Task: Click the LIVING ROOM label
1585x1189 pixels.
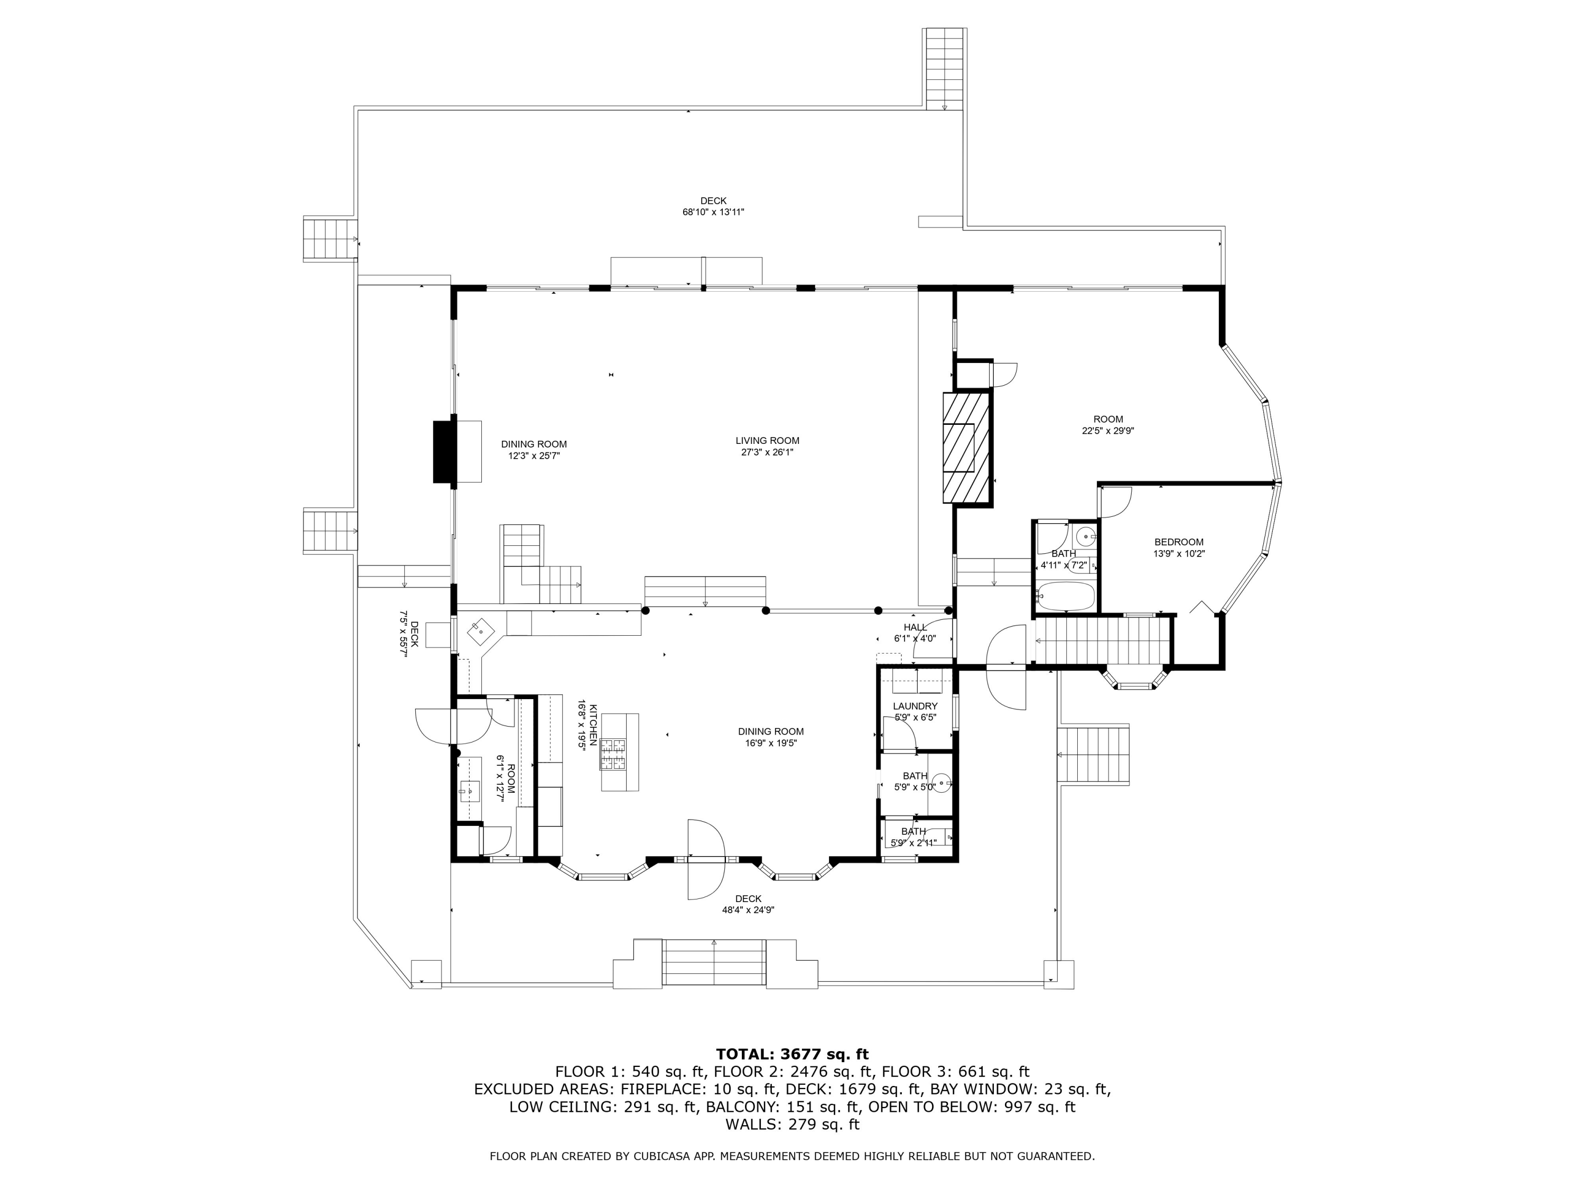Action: point(768,441)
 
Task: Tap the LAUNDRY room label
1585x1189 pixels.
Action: point(915,706)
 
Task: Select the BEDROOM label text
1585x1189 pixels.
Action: point(1179,543)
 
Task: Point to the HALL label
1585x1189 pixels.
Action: point(915,627)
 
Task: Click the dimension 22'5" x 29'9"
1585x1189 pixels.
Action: point(1108,431)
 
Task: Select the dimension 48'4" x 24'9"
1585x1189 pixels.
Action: point(748,910)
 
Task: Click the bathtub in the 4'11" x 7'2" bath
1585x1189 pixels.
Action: point(1066,596)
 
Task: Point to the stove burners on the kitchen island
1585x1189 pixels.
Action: point(613,754)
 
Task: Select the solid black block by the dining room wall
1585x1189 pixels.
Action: point(444,451)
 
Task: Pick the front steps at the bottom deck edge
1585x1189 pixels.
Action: point(714,962)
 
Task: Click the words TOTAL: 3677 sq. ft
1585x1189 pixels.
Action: point(792,1054)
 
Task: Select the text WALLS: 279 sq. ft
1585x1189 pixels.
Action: point(792,1125)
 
